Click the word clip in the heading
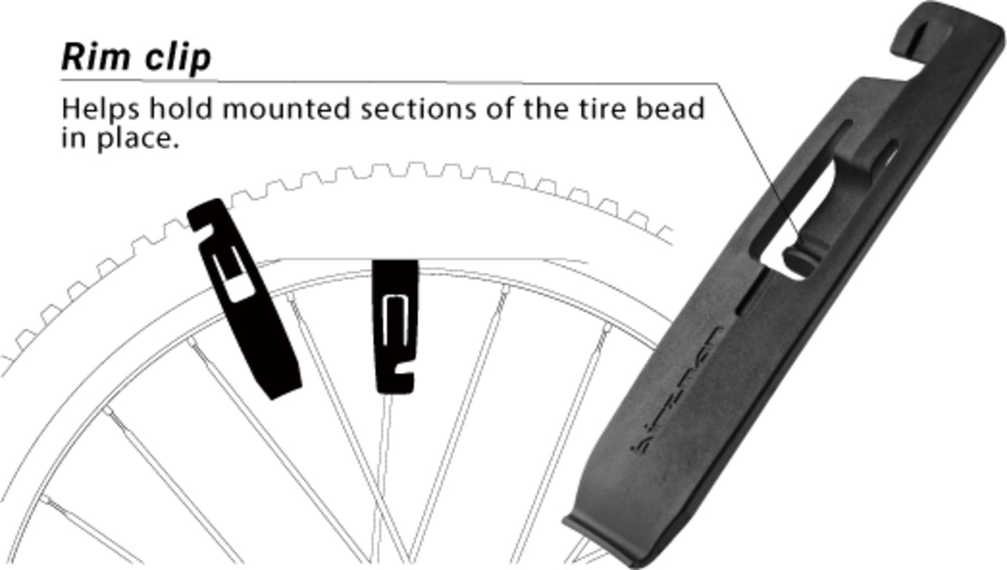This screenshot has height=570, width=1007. coord(178,58)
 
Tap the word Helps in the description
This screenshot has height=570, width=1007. coord(101,110)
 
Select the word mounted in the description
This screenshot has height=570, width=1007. coord(286,109)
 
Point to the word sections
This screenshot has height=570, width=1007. coord(418,110)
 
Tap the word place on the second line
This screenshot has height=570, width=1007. coord(138,139)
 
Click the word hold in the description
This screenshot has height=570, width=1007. coord(180,108)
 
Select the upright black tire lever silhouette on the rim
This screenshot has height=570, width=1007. coord(394,327)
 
